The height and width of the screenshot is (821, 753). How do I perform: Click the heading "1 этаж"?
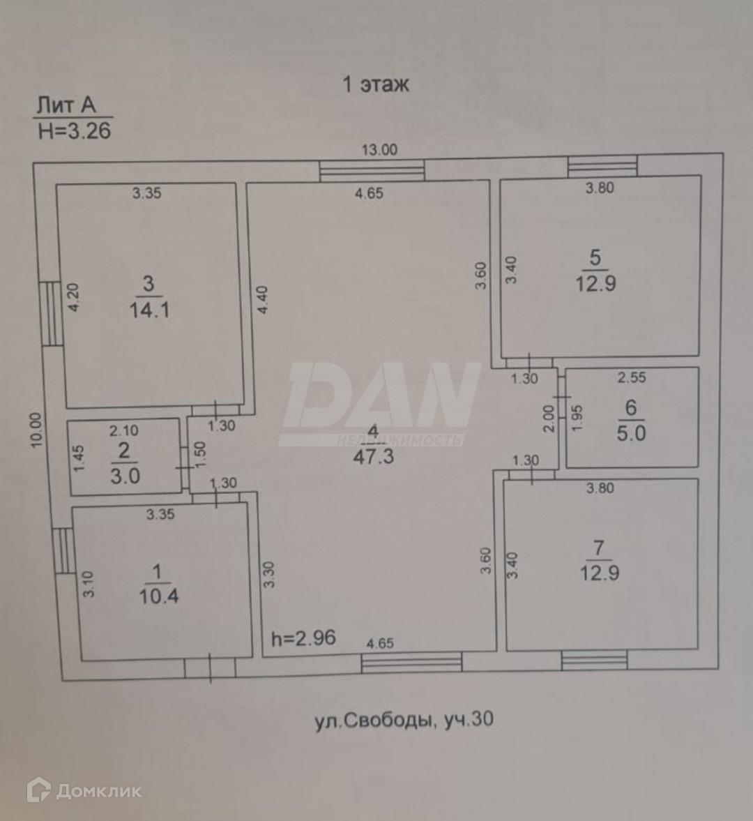coord(375,84)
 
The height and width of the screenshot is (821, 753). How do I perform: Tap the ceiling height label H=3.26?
coord(74,130)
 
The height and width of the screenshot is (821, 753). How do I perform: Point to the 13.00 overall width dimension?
coord(379,149)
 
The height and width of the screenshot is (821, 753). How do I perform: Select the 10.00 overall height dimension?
coord(36,430)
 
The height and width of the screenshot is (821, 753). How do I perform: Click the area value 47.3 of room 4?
coord(373,457)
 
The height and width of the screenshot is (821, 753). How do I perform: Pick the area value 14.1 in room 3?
coord(149,310)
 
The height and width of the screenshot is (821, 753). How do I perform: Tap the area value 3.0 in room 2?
coord(125,476)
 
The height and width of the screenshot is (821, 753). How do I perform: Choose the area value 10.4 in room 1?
coord(158,596)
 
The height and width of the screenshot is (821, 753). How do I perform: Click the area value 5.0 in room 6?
coord(631,433)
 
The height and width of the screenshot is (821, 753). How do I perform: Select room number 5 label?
coord(595,257)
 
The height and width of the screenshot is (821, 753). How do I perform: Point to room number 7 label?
coord(598,548)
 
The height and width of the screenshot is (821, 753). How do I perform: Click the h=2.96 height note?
coord(303,637)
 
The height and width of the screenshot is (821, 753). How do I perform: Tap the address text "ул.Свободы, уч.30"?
coord(404,719)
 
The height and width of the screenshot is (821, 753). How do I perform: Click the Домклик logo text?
coord(98,790)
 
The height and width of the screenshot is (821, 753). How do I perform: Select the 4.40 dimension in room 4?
coord(262,300)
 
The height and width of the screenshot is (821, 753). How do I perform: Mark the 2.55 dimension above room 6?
coord(632,377)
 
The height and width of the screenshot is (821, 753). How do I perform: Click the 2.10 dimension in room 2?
coord(124,431)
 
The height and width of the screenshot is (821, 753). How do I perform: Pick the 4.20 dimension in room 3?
coord(75,296)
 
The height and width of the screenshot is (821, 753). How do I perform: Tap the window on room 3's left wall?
coord(50,312)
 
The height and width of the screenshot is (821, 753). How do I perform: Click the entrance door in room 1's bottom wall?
coord(210,668)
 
